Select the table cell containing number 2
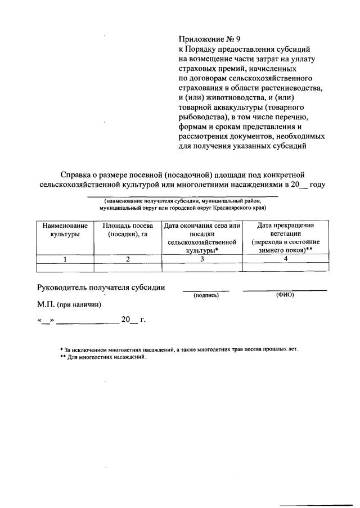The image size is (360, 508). coord(128,259)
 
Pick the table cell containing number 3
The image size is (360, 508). coord(202,259)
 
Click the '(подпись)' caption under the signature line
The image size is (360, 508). coord(205,295)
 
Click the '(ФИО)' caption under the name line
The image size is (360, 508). coord(285,295)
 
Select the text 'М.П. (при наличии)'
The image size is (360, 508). coord(69,304)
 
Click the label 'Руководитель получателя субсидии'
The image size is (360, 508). coord(101,287)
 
